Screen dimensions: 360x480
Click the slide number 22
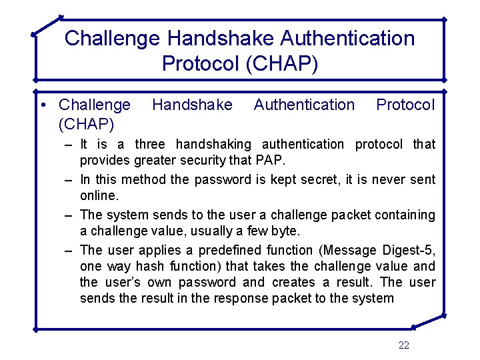point(403,345)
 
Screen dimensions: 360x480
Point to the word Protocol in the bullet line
point(405,105)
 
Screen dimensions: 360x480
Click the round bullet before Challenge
point(43,105)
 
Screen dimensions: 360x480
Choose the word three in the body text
point(151,144)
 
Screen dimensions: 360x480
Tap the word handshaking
point(213,144)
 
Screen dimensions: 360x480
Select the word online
point(99,195)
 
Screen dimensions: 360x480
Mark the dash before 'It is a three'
point(69,145)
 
